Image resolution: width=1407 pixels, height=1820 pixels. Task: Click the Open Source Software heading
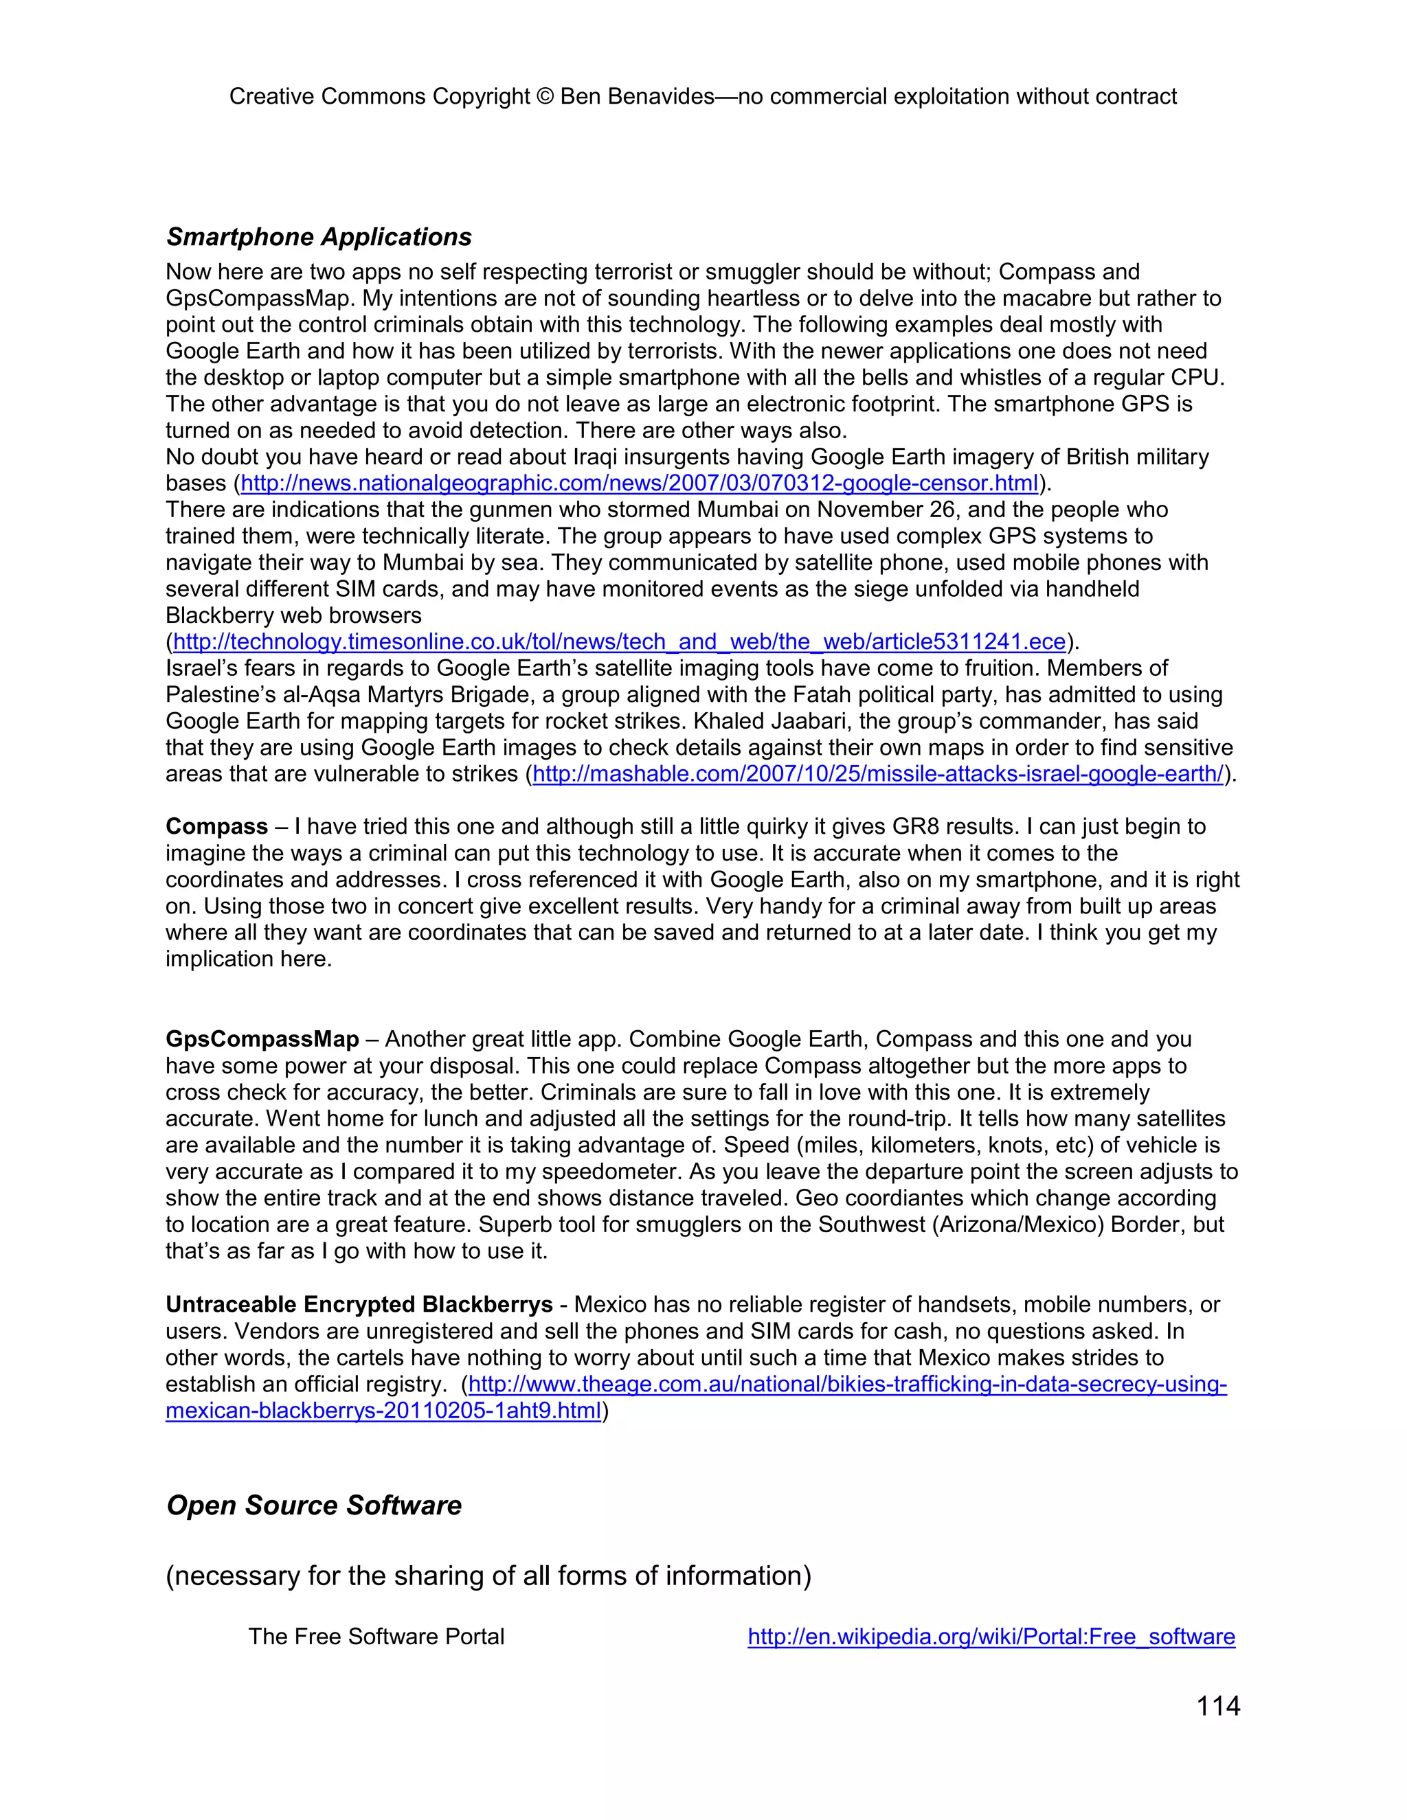(x=313, y=1505)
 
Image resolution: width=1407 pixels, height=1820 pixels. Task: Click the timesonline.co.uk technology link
(x=619, y=641)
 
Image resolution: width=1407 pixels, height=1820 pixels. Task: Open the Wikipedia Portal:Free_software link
(x=991, y=1636)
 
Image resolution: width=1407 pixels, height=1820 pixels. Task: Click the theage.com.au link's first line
(x=847, y=1384)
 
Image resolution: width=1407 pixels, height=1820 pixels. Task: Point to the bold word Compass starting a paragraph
(x=216, y=827)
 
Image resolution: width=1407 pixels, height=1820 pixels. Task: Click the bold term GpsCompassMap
(x=262, y=1039)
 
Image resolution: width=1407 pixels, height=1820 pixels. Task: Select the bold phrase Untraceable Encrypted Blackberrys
(x=359, y=1304)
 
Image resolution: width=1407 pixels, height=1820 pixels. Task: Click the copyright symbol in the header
(x=545, y=97)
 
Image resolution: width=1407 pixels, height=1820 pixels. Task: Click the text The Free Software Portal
(x=376, y=1636)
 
